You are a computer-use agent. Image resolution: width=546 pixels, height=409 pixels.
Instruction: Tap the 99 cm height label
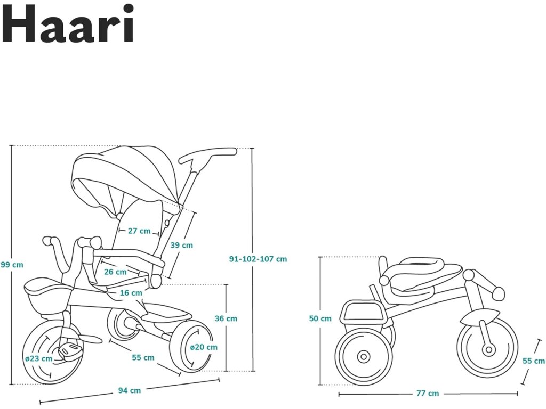[x=12, y=265]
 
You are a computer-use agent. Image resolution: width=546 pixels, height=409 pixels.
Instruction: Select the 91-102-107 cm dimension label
[x=258, y=259]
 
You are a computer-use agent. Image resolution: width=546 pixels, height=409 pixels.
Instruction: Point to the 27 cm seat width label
[x=139, y=231]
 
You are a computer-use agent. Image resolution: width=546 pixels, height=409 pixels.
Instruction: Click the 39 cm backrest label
[x=182, y=246]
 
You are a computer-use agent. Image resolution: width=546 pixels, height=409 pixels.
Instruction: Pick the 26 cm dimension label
[x=115, y=272]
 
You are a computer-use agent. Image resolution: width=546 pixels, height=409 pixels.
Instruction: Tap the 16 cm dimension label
[x=131, y=293]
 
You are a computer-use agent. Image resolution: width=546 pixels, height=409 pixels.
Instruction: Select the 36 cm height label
[x=226, y=318]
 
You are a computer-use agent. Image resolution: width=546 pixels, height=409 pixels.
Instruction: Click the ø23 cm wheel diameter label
[x=39, y=358]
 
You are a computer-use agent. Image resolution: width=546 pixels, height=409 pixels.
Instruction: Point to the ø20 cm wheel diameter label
[x=204, y=347]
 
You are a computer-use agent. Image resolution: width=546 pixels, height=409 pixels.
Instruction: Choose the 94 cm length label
[x=130, y=390]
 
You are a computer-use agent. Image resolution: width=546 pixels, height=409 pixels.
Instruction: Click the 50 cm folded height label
[x=320, y=319]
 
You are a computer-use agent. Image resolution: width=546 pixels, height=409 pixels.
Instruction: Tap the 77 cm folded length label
[x=428, y=394]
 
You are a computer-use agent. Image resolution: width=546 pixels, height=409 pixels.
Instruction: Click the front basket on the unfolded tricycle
[x=47, y=296]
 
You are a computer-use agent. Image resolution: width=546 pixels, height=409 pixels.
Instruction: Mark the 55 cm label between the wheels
[x=143, y=358]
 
